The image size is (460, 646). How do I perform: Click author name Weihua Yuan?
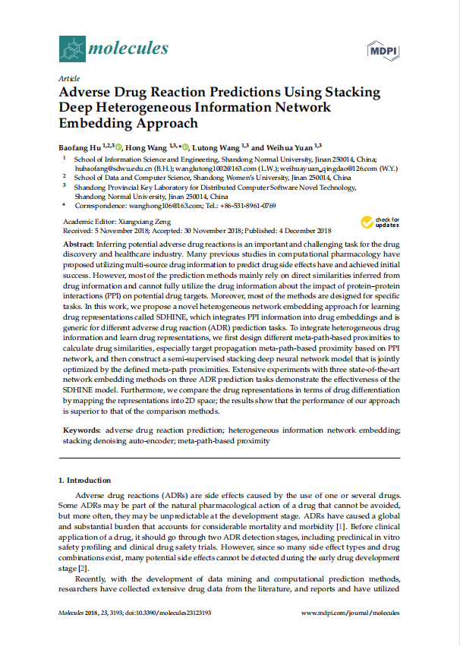292,147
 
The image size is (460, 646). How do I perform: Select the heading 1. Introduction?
84,481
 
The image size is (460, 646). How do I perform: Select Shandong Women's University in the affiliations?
239,177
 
